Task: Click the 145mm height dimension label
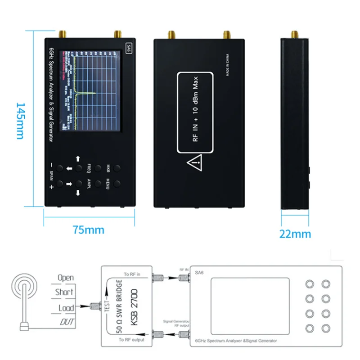click(21, 120)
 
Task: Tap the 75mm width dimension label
click(89, 230)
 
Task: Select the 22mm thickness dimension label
click(295, 234)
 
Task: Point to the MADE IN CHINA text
click(228, 65)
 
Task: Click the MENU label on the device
click(108, 184)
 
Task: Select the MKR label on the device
click(108, 168)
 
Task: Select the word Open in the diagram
click(65, 278)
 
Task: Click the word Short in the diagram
click(65, 292)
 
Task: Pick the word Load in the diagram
click(66, 308)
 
